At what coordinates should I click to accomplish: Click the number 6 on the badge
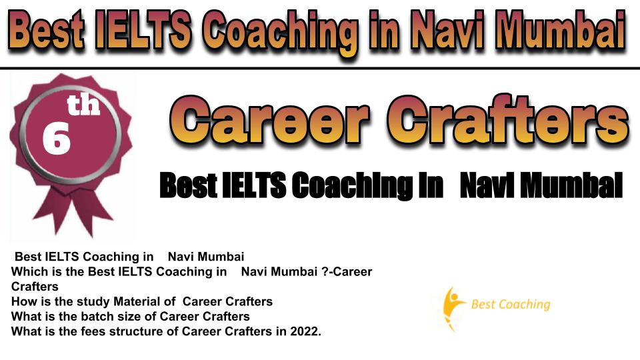[x=56, y=139]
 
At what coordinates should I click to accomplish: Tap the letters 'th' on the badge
[x=84, y=104]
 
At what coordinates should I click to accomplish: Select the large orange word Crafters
[x=508, y=119]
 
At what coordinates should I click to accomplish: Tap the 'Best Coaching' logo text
[x=511, y=305]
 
